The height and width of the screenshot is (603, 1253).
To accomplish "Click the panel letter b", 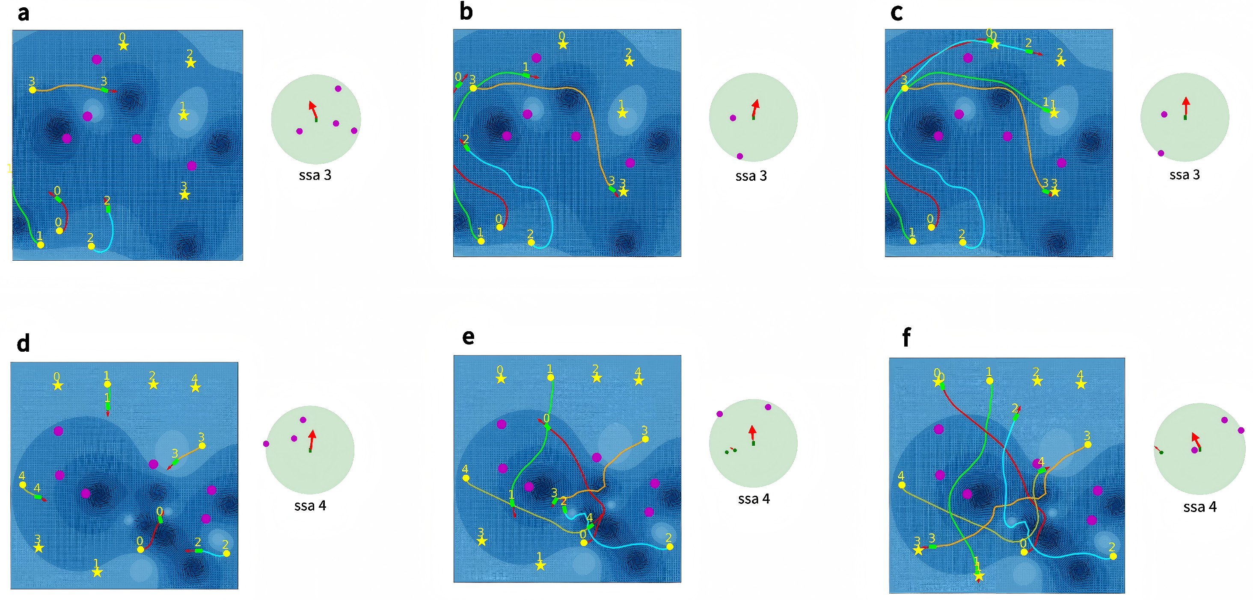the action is coord(466,12).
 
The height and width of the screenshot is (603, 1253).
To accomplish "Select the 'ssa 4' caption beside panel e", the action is coord(754,499).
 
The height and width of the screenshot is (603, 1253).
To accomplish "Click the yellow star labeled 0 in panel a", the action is coord(124,46).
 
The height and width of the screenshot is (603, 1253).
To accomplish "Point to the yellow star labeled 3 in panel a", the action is coord(184,195).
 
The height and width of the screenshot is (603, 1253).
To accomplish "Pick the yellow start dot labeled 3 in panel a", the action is coord(33,89).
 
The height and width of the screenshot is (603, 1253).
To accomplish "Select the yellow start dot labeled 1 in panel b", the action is coord(481,241).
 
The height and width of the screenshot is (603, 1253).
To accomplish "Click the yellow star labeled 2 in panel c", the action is coord(1061,62).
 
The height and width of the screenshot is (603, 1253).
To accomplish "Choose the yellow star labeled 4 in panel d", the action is coord(196,387).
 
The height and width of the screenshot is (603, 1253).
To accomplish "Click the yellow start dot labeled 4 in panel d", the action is coord(22,485).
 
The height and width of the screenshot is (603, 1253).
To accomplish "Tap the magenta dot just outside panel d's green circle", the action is coord(266,444).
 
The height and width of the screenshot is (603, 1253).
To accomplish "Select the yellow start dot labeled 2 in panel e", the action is coord(670,547).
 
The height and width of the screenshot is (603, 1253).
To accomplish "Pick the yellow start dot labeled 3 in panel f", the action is coord(1088,444).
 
